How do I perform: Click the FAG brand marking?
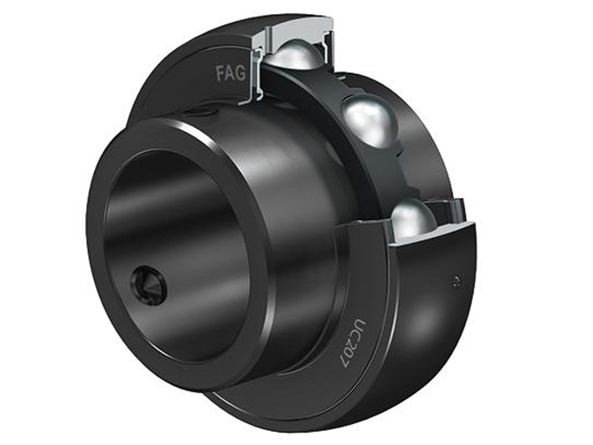click(231, 73)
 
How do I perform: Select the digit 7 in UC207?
click(346, 361)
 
